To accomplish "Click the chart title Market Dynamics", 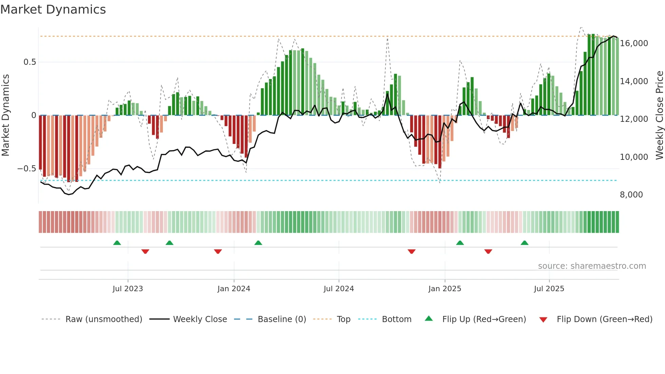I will [53, 10].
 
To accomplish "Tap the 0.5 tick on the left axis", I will [30, 62].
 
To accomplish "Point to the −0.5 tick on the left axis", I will [26, 169].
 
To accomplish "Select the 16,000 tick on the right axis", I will [634, 43].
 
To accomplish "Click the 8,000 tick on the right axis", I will [631, 195].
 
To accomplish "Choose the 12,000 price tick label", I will [634, 119].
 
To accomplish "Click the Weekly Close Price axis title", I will [659, 115].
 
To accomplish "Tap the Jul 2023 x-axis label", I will [128, 289].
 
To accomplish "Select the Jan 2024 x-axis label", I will [234, 289].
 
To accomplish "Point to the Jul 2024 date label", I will [339, 289].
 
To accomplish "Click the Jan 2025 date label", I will [444, 289].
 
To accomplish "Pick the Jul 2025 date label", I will [549, 289].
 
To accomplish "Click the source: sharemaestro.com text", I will [592, 266].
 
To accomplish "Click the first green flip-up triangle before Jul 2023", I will [117, 243].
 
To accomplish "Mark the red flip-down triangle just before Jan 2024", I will [218, 251].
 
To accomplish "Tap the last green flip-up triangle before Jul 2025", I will [525, 243].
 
